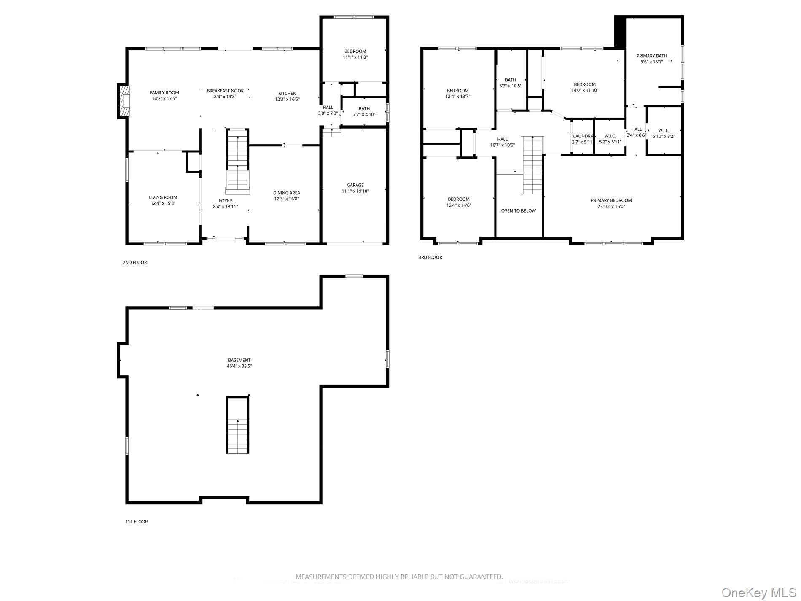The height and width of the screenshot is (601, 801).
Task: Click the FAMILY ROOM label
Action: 164,93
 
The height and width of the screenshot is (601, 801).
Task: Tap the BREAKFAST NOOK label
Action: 225,91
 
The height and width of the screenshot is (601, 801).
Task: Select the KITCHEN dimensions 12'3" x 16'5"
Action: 287,100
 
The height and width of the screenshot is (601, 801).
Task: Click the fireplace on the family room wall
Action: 124,101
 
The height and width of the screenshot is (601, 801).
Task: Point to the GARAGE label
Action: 355,185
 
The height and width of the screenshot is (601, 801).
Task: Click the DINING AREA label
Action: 286,193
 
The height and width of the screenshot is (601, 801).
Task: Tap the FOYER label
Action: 225,201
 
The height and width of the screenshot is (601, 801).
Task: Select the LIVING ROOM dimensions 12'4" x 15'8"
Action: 163,203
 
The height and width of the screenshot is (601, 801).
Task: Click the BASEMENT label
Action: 239,360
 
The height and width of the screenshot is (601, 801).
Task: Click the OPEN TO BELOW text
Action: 518,211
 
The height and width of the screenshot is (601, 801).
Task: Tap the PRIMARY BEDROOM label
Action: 611,200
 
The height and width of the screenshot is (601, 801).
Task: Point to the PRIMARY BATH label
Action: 651,56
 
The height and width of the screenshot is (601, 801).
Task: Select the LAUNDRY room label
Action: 583,136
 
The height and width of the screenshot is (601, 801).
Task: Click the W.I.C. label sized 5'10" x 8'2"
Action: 664,131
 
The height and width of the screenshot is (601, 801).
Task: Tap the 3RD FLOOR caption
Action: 430,257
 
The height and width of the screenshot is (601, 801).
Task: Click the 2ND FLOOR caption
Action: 134,262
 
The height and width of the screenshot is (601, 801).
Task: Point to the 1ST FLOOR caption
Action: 137,522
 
